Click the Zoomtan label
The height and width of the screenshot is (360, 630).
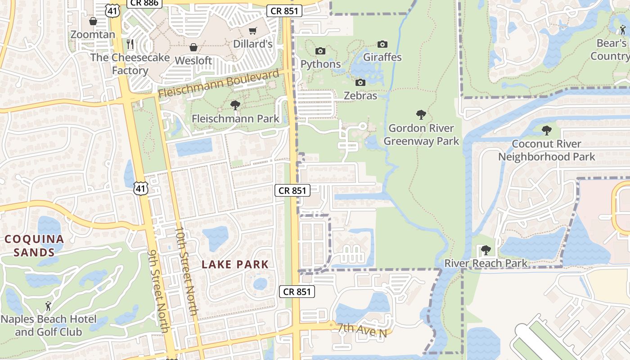93,34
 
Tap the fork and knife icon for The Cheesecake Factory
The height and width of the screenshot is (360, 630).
130,44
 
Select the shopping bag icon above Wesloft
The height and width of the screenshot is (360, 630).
193,47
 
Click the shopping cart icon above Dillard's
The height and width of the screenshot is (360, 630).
252,31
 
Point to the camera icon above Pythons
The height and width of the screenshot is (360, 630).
320,51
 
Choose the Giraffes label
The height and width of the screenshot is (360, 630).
382,57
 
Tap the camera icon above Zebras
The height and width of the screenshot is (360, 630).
360,82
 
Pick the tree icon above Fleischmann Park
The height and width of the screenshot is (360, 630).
234,105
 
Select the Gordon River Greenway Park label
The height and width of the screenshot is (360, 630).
421,135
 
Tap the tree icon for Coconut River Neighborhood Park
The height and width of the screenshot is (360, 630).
546,130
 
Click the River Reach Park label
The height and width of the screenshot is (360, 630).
486,263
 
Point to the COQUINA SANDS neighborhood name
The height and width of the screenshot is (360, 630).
34,246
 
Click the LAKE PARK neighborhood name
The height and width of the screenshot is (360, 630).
235,265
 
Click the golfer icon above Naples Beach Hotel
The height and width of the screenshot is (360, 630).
48,306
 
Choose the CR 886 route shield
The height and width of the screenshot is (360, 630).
144,3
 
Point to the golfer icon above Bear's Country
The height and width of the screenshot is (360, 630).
623,30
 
